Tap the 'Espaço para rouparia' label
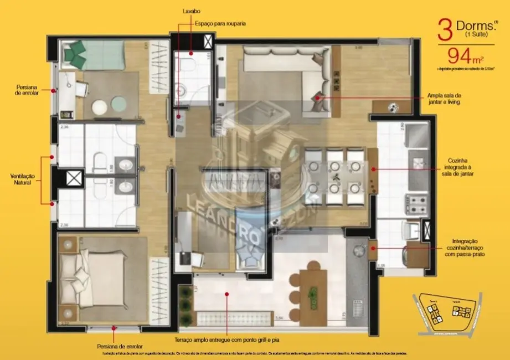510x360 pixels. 219,24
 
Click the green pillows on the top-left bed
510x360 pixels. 75,53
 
